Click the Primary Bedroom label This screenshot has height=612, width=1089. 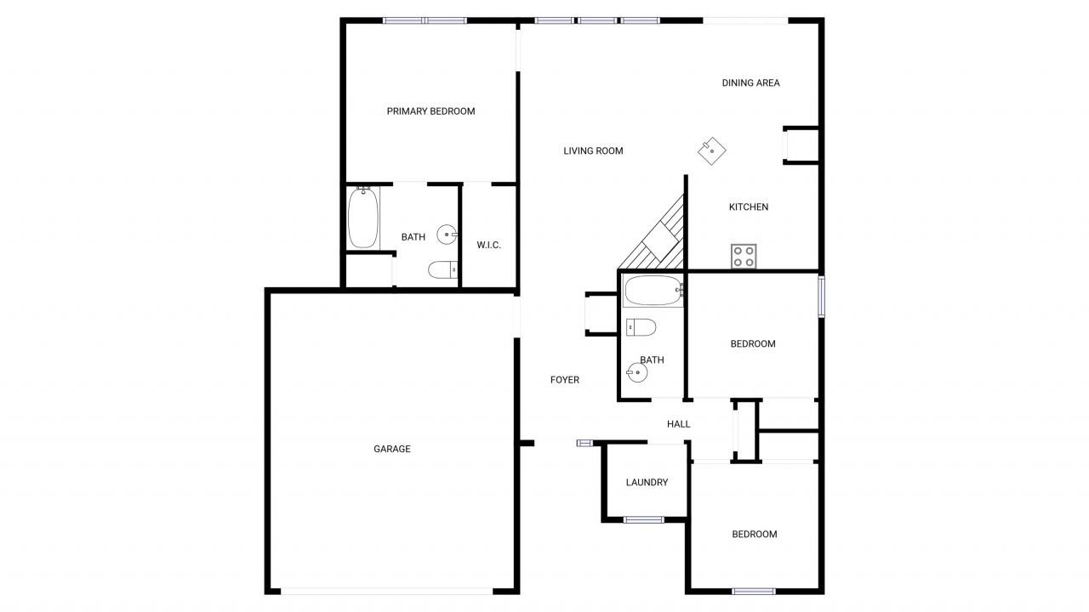pos(430,111)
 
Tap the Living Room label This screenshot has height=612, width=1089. pos(593,151)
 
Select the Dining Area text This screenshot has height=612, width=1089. pos(750,83)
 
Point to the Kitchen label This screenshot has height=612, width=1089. pos(749,207)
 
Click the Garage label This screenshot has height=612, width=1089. pos(392,449)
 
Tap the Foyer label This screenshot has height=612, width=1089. pos(565,380)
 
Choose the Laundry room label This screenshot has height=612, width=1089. pos(647,483)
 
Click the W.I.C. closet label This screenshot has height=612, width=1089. pos(488,246)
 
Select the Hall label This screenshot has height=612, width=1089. pos(678,424)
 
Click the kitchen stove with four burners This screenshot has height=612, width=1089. pos(744,256)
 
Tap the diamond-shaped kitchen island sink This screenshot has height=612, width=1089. pos(712,151)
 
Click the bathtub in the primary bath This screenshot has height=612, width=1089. pos(363,218)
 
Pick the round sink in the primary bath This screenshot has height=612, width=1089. pos(448,234)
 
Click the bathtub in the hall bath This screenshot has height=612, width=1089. pos(653,292)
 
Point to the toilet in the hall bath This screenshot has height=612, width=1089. pos(640,327)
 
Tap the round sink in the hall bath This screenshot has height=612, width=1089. pos(635,372)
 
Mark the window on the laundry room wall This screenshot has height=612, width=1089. pos(644,519)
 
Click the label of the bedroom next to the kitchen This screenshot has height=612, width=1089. pos(753,344)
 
